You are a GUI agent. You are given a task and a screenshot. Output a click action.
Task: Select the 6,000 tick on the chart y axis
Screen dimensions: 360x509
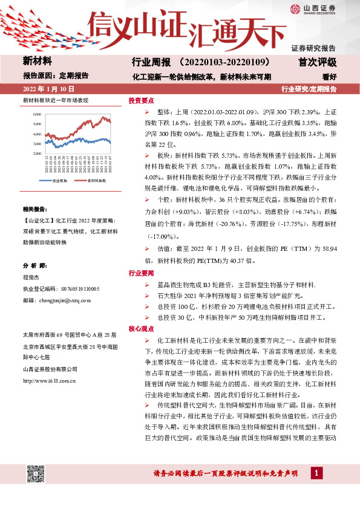point(38,114)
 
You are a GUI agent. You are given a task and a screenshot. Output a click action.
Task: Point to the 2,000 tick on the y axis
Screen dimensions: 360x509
point(38,154)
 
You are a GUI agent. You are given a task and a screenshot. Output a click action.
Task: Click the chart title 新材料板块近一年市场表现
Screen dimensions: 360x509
point(55,100)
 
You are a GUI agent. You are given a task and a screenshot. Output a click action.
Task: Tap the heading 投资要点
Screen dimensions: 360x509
point(141,101)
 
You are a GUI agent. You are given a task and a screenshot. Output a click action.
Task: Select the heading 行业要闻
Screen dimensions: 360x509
point(141,274)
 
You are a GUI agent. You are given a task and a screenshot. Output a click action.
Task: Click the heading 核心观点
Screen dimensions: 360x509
point(141,328)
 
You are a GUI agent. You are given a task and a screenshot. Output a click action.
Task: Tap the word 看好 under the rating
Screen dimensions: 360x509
point(329,77)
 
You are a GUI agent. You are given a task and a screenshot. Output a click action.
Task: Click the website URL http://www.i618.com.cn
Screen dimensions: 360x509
point(49,381)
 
